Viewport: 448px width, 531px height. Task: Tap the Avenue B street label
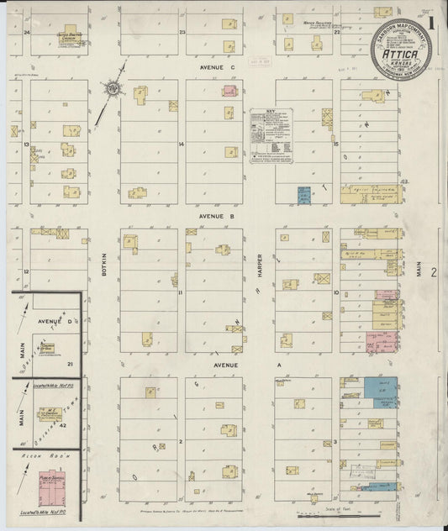click(x=216, y=216)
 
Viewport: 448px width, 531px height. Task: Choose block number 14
click(x=182, y=144)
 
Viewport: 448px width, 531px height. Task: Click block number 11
click(x=180, y=292)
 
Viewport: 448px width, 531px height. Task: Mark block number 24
click(x=27, y=32)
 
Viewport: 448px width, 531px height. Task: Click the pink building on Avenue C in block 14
click(x=229, y=91)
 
